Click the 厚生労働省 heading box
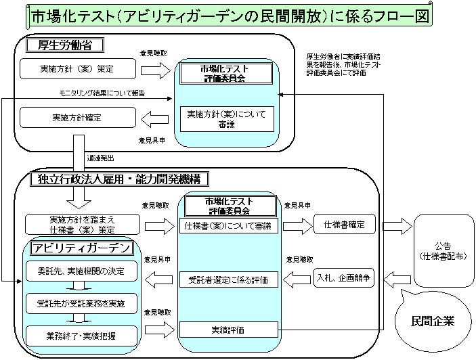point(64,45)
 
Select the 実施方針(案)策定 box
point(77,68)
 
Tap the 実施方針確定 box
point(77,118)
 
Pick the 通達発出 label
point(100,158)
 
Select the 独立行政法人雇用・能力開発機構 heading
point(119,179)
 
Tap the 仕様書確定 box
point(345,225)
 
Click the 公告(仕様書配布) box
point(442,251)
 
